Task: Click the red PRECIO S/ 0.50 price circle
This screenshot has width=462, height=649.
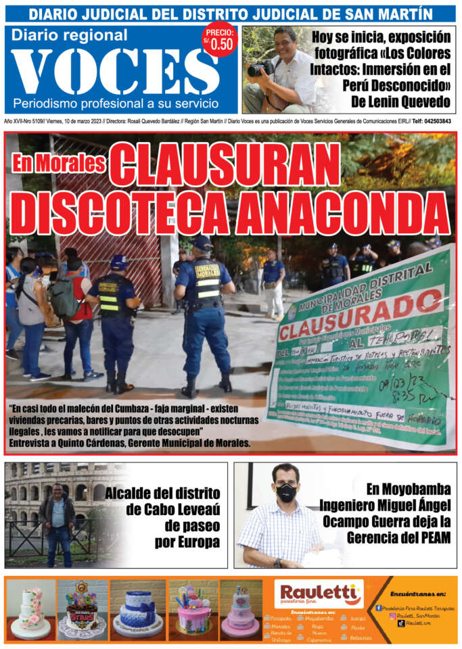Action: click(220, 41)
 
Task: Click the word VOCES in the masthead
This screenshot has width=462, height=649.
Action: click(115, 72)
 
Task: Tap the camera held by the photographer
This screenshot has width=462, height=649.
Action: click(260, 68)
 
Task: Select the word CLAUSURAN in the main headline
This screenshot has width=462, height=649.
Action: click(226, 164)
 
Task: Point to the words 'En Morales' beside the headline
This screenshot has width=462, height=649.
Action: click(58, 163)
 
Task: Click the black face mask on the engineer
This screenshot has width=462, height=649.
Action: click(286, 492)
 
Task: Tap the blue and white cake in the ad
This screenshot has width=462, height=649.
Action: click(137, 612)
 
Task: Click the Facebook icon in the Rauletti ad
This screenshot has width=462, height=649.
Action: click(379, 608)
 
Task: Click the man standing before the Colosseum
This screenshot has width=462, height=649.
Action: click(57, 524)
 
